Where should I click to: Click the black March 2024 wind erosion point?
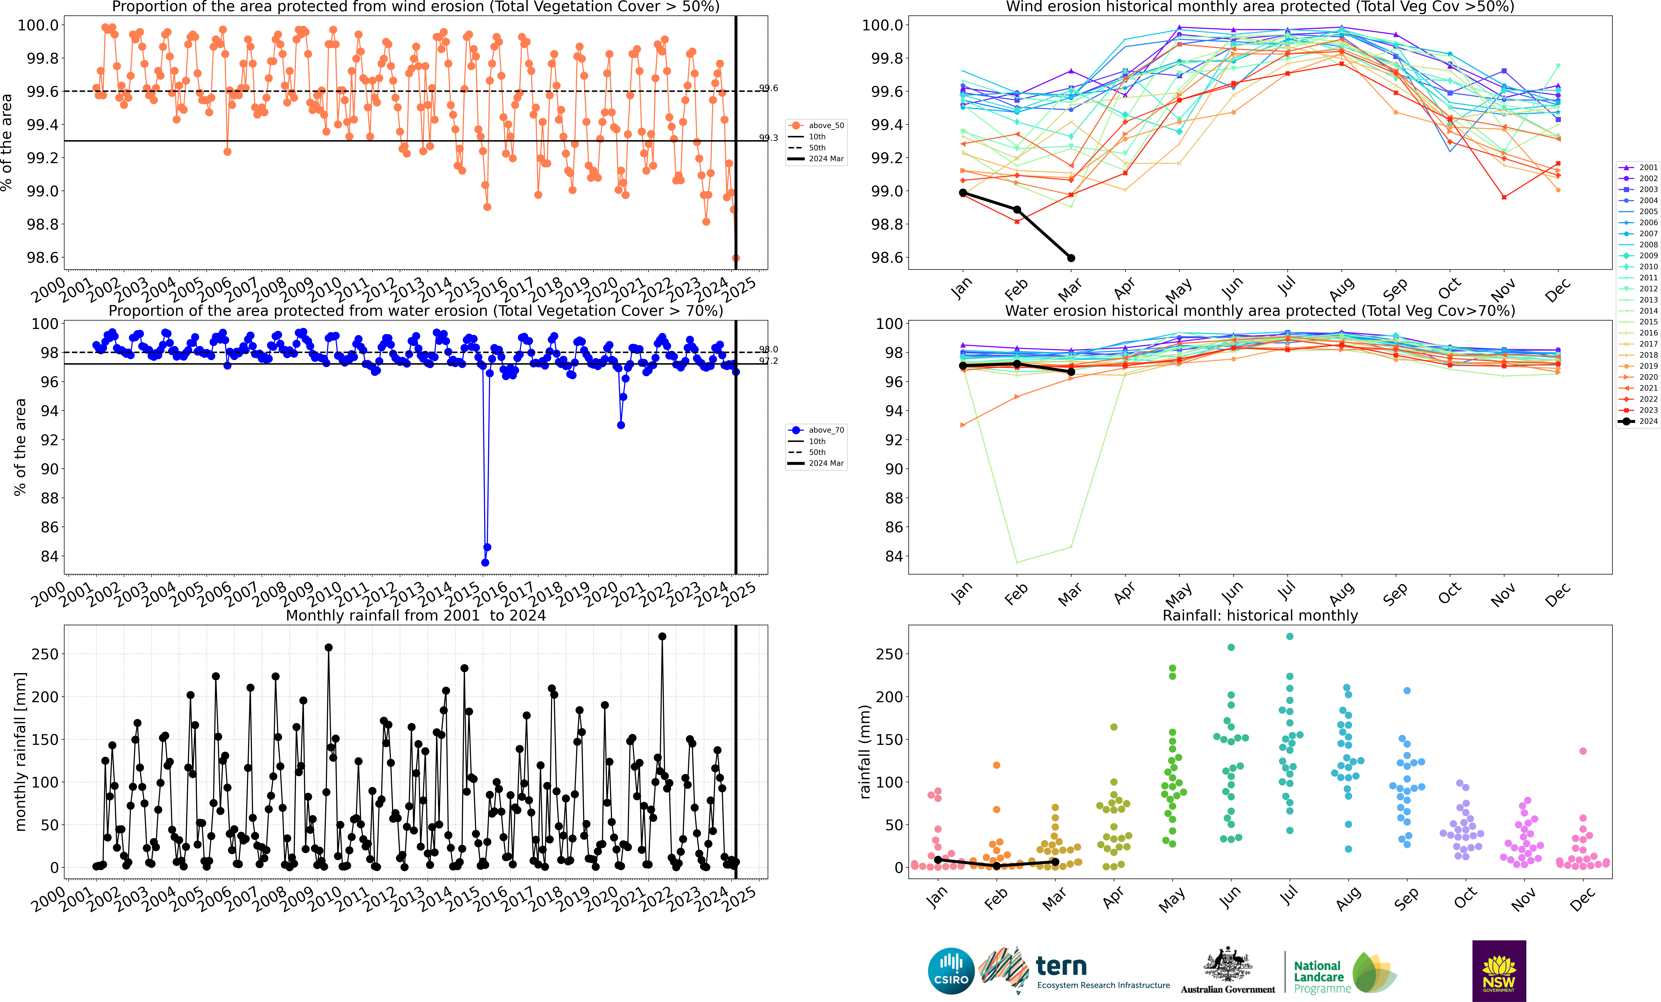tap(1071, 258)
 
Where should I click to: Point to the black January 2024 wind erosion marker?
tap(963, 193)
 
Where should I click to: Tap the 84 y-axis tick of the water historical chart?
tap(894, 557)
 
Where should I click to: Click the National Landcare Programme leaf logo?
tap(1375, 972)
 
